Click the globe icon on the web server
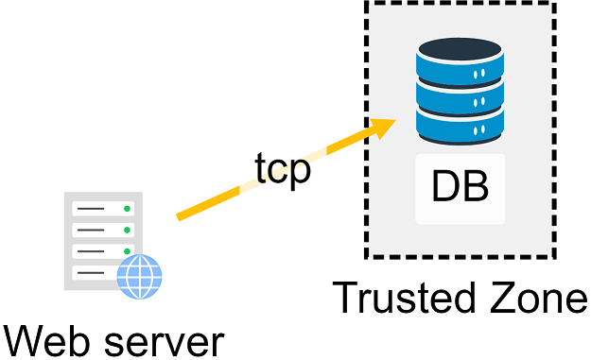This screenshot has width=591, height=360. (140, 277)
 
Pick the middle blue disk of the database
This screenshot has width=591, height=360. (460, 97)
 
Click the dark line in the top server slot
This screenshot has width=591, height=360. (91, 207)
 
